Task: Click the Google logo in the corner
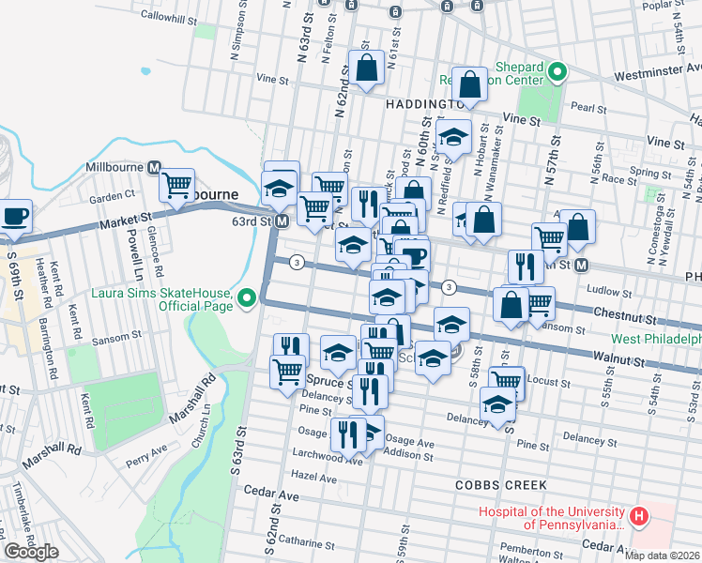tap(31, 552)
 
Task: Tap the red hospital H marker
tap(639, 516)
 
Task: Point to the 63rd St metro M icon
tap(282, 221)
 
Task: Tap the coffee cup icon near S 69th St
tap(15, 215)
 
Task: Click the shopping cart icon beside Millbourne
tap(176, 184)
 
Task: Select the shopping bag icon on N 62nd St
tap(366, 68)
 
